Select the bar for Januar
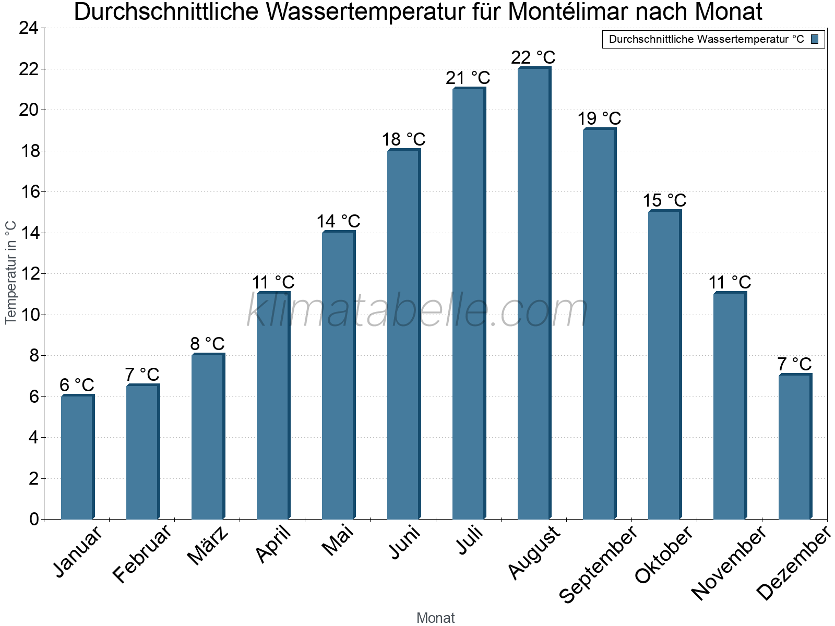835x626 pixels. click(x=77, y=458)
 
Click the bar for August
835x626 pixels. click(x=534, y=294)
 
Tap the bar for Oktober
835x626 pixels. click(x=664, y=365)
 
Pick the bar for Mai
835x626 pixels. click(x=338, y=376)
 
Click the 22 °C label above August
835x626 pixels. click(x=533, y=57)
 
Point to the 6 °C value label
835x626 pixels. click(x=77, y=385)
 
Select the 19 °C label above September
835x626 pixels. click(x=599, y=118)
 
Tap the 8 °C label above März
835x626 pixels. click(x=207, y=344)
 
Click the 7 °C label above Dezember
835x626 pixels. click(x=794, y=364)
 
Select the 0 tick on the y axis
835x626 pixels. click(x=34, y=519)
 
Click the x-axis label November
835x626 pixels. click(x=729, y=563)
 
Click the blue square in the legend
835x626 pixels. click(x=815, y=39)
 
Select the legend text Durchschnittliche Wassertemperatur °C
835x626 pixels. click(x=706, y=39)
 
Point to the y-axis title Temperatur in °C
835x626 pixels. click(x=11, y=272)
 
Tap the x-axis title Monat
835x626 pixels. click(x=435, y=618)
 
